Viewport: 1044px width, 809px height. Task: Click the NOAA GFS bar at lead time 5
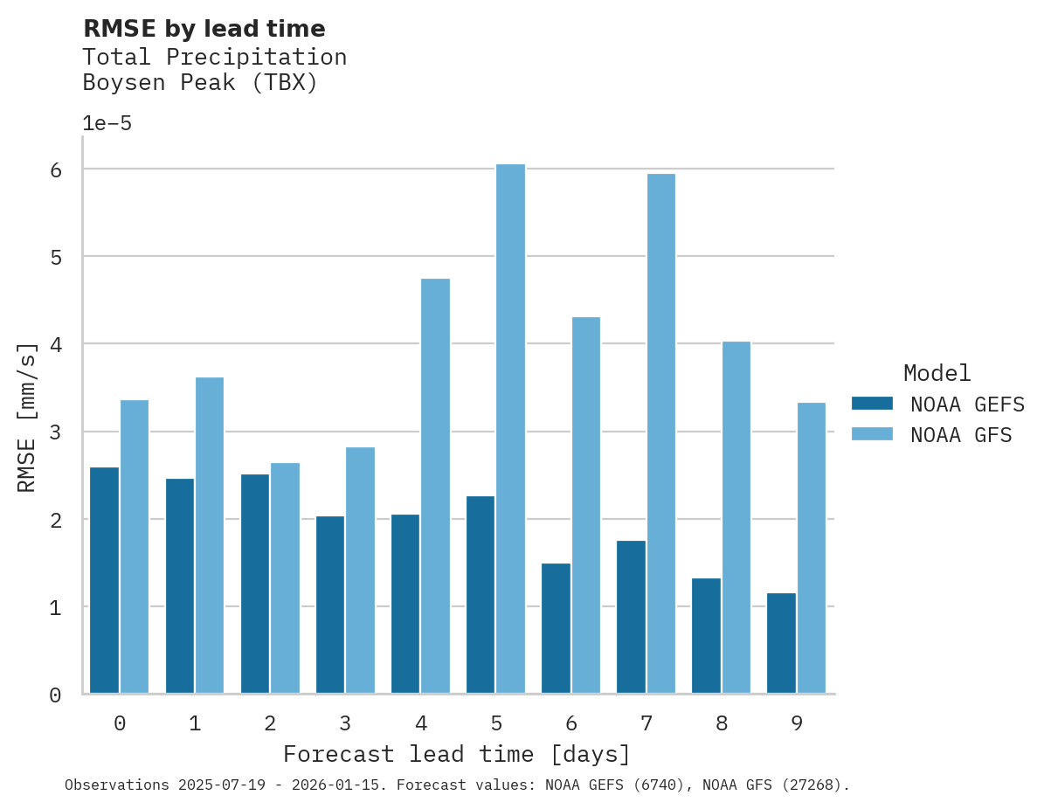[510, 429]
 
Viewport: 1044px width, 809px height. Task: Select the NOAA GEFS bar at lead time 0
[104, 581]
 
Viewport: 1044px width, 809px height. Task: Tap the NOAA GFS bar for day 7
[660, 433]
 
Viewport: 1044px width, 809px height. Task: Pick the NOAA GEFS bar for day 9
[781, 643]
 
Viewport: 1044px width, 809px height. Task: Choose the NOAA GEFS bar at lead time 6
[556, 628]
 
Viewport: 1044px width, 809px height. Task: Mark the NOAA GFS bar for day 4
[435, 486]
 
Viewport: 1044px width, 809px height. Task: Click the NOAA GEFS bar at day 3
[330, 605]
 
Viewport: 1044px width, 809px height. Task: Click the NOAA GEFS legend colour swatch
[872, 404]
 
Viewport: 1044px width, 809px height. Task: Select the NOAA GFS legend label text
[961, 435]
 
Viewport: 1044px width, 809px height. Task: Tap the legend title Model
[937, 374]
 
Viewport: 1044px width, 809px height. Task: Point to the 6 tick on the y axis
[55, 169]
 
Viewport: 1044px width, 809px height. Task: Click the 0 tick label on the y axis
[55, 695]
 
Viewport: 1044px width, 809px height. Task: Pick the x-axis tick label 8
[721, 723]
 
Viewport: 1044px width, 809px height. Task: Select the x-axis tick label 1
[195, 723]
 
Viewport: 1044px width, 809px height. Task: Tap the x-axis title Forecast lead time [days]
[457, 754]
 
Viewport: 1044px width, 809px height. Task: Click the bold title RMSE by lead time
[204, 29]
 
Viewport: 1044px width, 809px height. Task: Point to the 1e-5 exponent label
[107, 123]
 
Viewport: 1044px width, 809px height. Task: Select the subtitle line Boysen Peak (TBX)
[200, 83]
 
